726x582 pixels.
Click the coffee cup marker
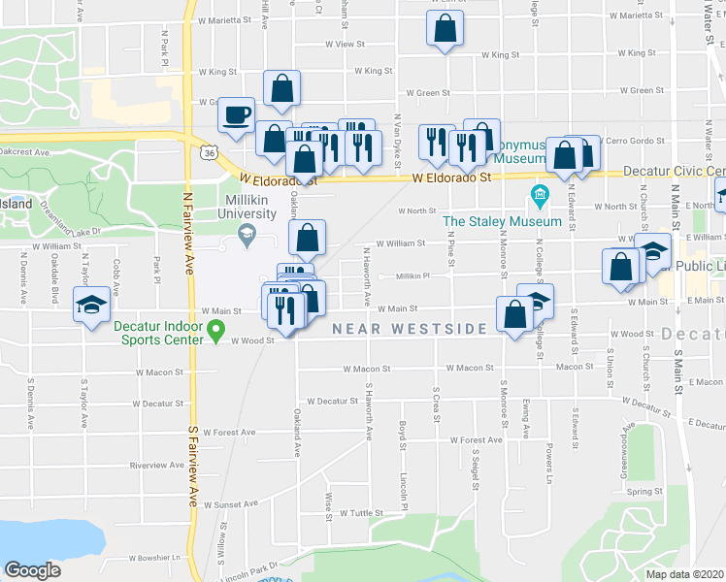(237, 115)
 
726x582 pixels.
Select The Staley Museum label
(502, 221)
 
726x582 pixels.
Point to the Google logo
(32, 569)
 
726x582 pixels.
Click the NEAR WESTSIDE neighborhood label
(410, 329)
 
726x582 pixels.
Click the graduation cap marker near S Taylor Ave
(91, 307)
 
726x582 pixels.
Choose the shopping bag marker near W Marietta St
(444, 30)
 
